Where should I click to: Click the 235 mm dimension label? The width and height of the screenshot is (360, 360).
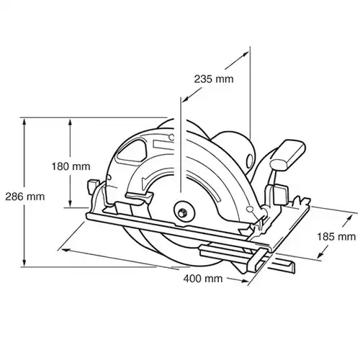[x=214, y=79]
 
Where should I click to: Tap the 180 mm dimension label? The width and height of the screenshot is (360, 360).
[x=71, y=166]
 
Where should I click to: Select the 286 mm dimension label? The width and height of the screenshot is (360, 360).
[x=25, y=197]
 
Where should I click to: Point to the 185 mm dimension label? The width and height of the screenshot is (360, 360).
[x=336, y=237]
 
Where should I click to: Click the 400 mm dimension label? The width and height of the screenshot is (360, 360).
[x=203, y=279]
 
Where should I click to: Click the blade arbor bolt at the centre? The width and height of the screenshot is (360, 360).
[x=182, y=212]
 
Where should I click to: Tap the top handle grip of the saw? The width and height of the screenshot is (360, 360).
[x=289, y=154]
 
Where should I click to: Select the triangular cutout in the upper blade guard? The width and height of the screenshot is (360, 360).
[x=132, y=152]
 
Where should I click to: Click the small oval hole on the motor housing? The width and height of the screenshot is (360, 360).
[x=249, y=160]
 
